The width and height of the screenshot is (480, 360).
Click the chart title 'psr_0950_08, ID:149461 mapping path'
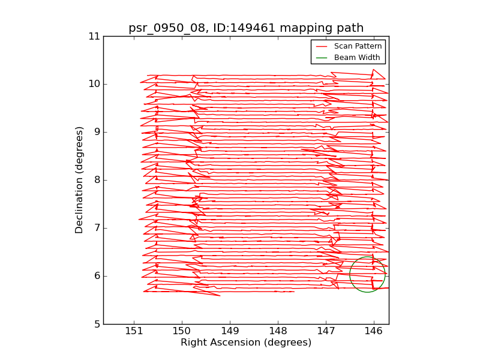pyautogui.click(x=246, y=28)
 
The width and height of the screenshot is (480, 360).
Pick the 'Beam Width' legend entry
pyautogui.click(x=356, y=58)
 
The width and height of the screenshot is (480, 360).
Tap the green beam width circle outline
pyautogui.click(x=350, y=275)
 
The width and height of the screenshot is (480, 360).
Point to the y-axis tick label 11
pyautogui.click(x=94, y=36)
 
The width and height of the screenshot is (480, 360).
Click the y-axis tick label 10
pyautogui.click(x=94, y=84)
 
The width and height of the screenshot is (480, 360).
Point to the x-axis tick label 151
pyautogui.click(x=133, y=332)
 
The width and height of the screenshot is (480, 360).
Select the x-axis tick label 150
pyautogui.click(x=181, y=332)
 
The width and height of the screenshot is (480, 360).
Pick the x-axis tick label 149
pyautogui.click(x=230, y=332)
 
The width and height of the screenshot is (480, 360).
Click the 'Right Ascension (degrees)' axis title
pyautogui.click(x=246, y=343)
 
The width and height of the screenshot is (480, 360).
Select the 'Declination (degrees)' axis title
pyautogui.click(x=79, y=180)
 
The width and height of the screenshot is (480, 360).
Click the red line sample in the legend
pyautogui.click(x=322, y=46)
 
